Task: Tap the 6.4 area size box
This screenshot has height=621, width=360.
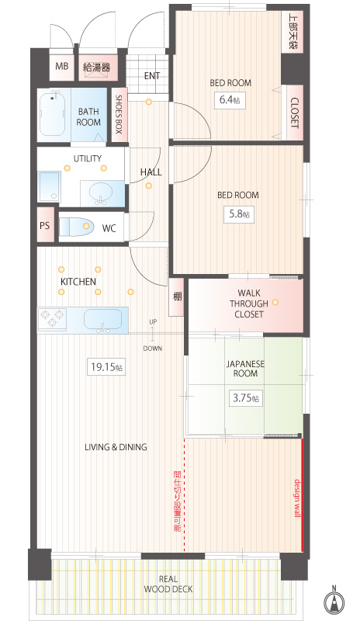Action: (230, 99)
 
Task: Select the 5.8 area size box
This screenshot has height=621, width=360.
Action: (240, 214)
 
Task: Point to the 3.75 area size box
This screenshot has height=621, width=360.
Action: (245, 398)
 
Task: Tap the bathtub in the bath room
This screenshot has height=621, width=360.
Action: (53, 113)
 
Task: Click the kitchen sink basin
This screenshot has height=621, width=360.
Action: (103, 319)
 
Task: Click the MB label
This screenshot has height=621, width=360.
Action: (61, 66)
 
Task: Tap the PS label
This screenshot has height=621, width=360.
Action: (45, 225)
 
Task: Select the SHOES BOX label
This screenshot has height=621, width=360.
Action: (119, 114)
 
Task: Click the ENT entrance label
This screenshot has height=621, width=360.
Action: (152, 75)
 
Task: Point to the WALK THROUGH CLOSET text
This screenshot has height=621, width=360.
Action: (249, 304)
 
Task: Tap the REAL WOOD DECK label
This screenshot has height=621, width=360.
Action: (168, 585)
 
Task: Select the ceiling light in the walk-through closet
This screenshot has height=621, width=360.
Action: (275, 302)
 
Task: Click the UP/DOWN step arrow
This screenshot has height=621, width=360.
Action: (153, 335)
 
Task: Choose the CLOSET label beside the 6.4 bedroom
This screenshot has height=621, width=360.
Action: (294, 113)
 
